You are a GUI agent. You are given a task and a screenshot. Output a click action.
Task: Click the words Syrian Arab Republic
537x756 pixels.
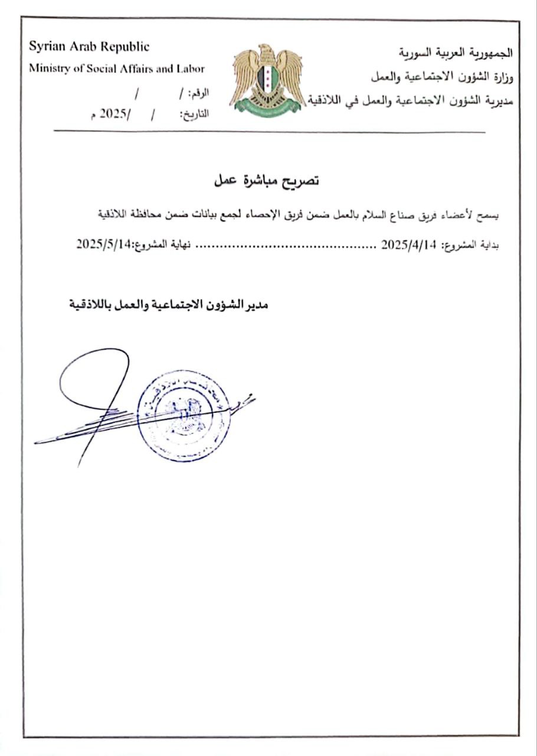point(89,47)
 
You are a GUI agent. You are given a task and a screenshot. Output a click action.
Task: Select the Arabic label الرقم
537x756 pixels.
point(199,94)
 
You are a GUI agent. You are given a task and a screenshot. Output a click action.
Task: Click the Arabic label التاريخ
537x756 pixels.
point(195,115)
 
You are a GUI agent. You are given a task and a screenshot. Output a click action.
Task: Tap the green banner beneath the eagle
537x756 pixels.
point(267,106)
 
